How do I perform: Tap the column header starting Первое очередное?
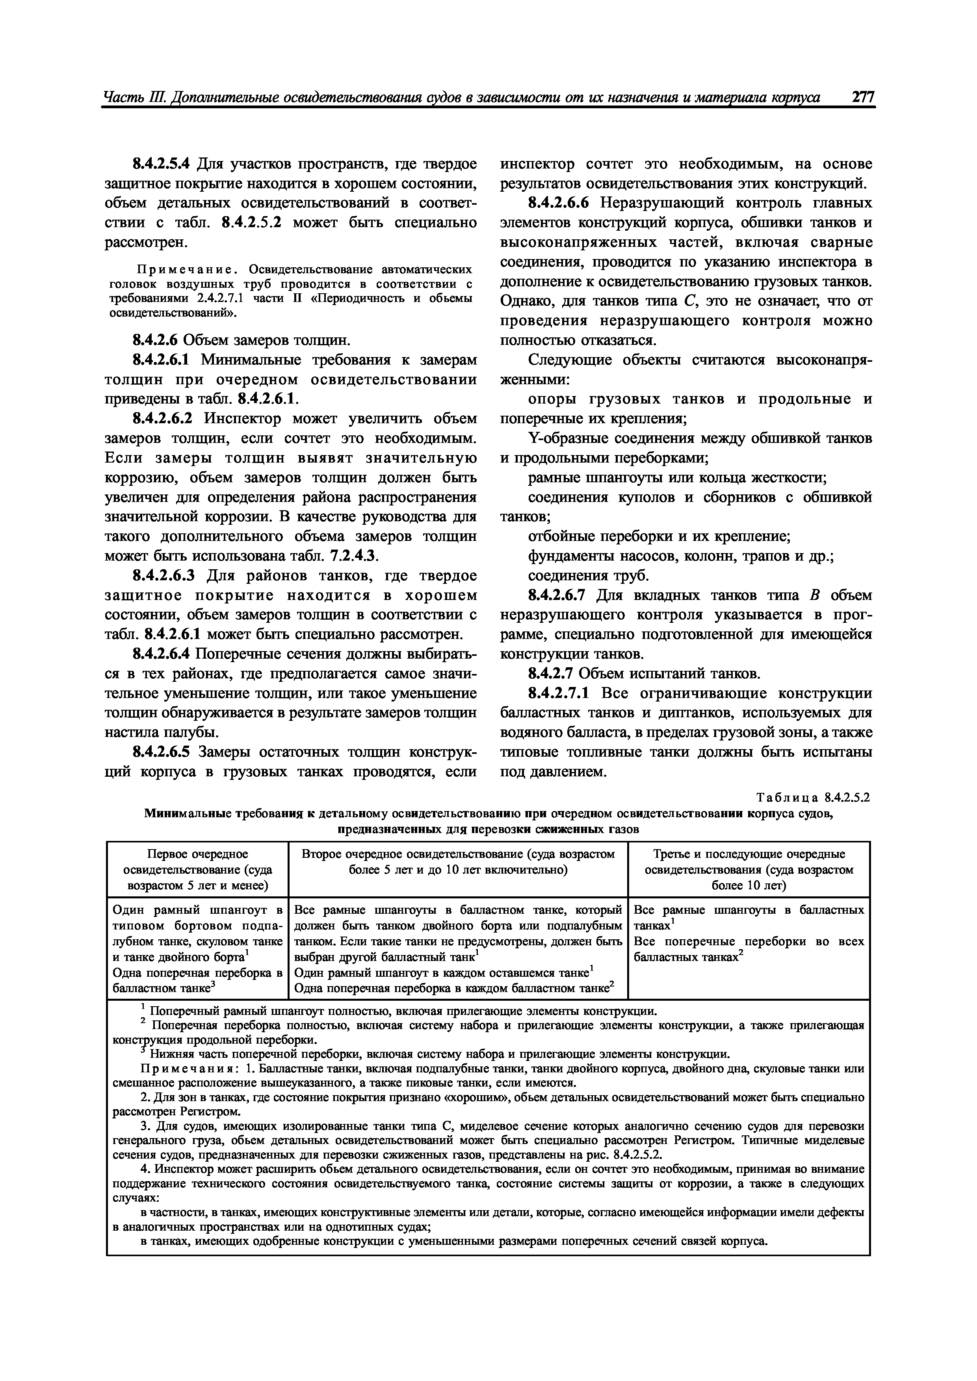pos(197,869)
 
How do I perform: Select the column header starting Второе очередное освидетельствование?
pos(458,862)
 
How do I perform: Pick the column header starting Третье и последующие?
pos(749,869)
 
